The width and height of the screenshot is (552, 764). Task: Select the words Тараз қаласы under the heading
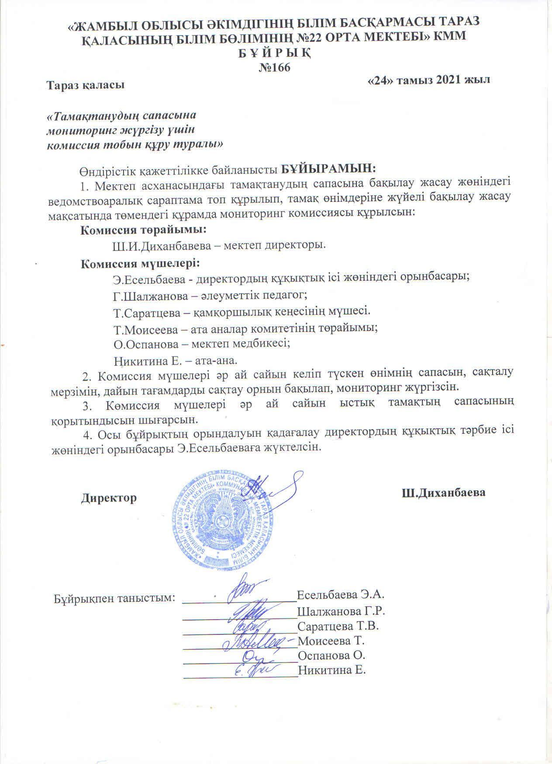pos(86,84)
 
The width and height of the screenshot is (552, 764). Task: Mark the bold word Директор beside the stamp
pos(109,498)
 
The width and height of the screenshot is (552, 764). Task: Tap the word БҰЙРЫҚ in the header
pos(275,53)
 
